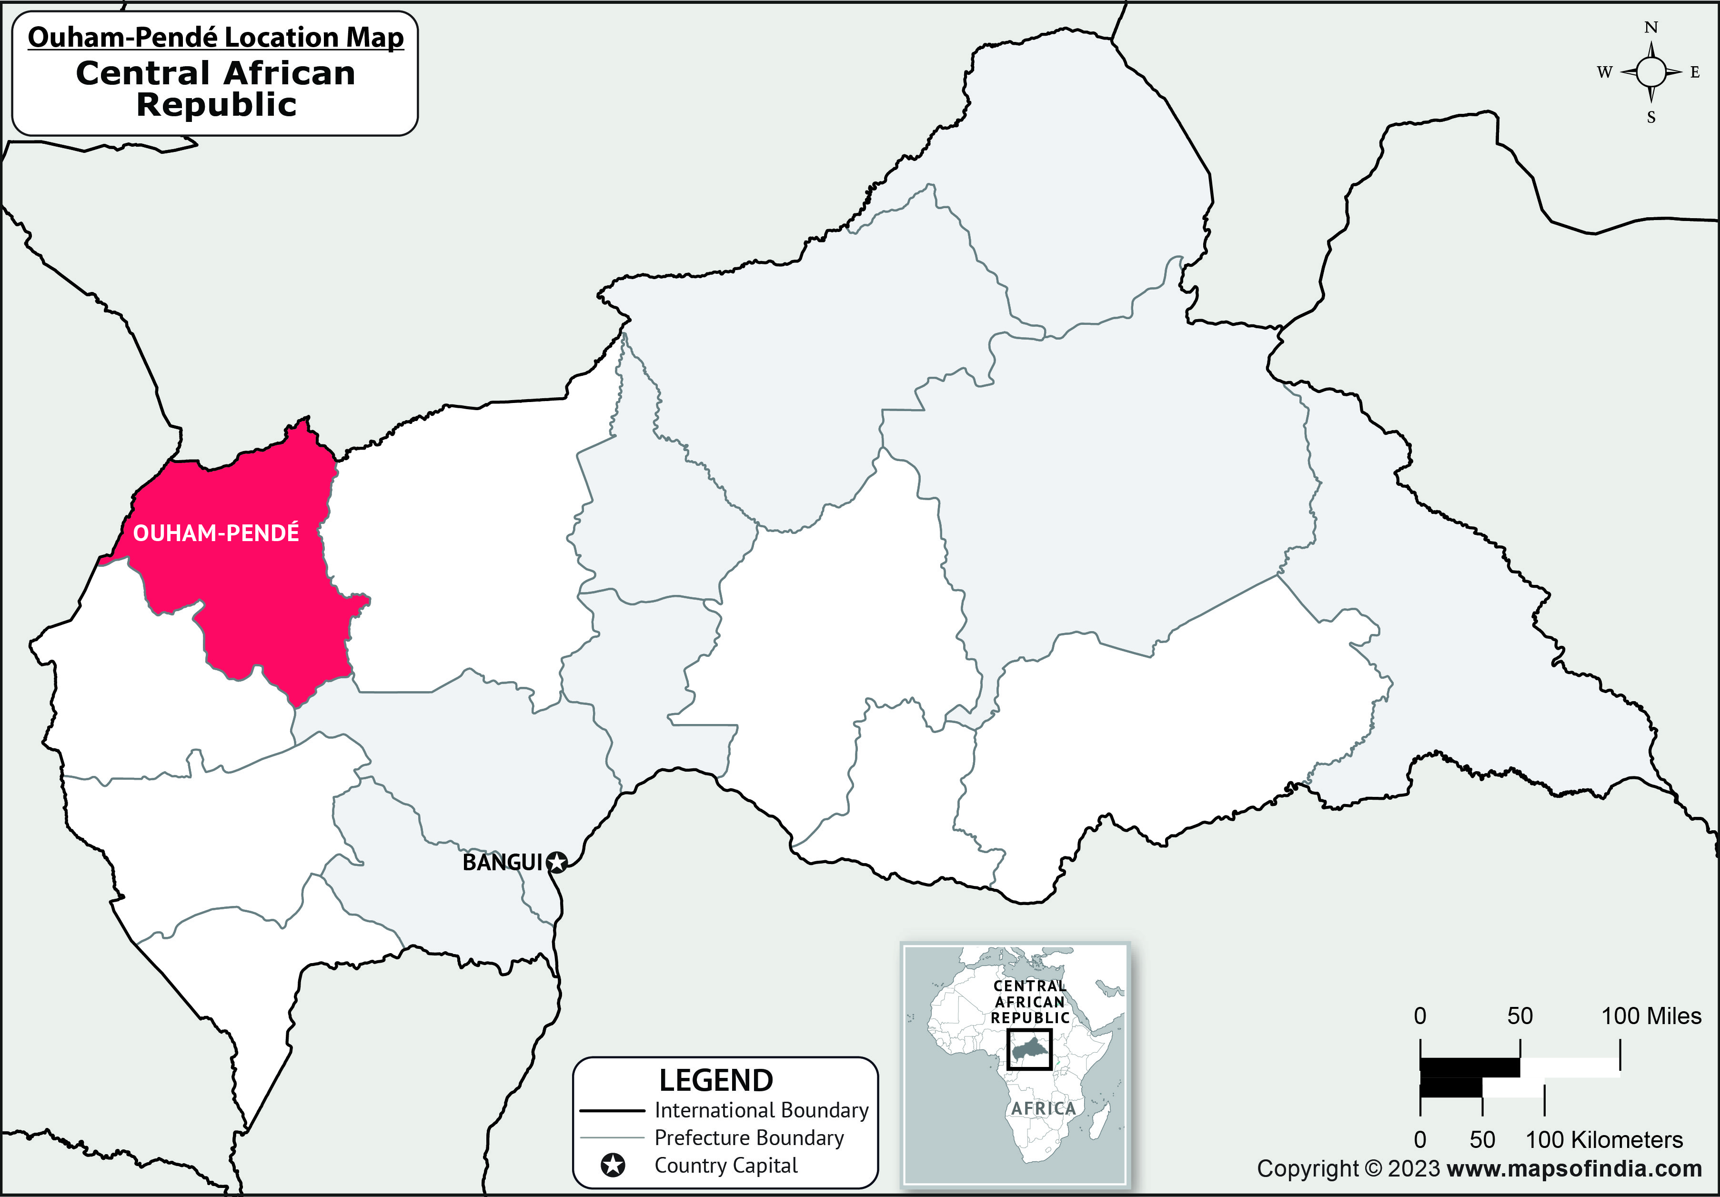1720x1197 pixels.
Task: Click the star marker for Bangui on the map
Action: (556, 863)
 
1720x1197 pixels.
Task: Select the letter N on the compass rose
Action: (1650, 28)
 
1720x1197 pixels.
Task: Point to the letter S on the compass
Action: (1650, 118)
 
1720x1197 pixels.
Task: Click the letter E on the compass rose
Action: (1695, 73)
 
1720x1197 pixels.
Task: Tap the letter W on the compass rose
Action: (1604, 73)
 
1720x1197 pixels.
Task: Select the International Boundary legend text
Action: (761, 1110)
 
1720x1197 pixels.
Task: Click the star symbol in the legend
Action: (613, 1166)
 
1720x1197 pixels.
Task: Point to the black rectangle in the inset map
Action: (1029, 1049)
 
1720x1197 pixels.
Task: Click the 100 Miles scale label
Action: (1651, 1016)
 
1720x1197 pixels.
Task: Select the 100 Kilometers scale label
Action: (1604, 1140)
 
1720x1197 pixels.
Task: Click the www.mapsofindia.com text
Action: (1575, 1168)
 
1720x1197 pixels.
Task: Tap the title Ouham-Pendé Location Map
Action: (216, 38)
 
